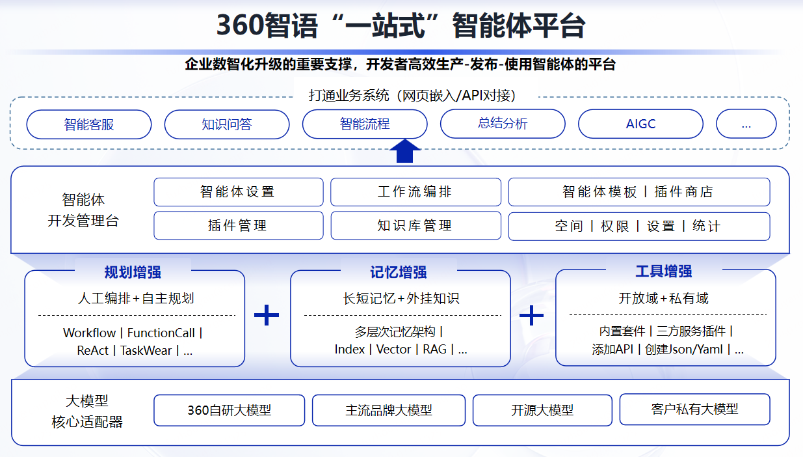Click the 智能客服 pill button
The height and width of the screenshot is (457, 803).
pos(89,124)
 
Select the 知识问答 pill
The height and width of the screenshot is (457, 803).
pos(227,124)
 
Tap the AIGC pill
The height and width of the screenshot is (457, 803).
pos(640,124)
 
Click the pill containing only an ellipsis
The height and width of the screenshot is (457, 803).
pos(746,124)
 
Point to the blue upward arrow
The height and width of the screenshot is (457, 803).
pos(404,151)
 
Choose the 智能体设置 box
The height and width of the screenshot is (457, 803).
pos(239,192)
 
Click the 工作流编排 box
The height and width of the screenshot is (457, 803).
pos(415,192)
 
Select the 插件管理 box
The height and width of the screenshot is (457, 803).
pos(239,225)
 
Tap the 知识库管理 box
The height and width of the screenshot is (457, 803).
pos(415,225)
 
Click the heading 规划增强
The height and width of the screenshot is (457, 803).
pos(133,272)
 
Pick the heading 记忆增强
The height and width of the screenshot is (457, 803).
pos(399,272)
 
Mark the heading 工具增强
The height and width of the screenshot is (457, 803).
pos(664,271)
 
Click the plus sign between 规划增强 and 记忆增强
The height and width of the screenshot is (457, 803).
pos(267,315)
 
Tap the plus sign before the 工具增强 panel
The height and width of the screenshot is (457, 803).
pos(531,316)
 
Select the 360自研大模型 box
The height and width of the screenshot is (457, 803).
pos(229,410)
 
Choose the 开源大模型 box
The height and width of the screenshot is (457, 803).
pos(542,410)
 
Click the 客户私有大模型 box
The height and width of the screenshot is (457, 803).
pos(694,409)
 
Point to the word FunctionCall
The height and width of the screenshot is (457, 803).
pos(161,333)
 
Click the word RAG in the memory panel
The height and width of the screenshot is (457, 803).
pos(434,350)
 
